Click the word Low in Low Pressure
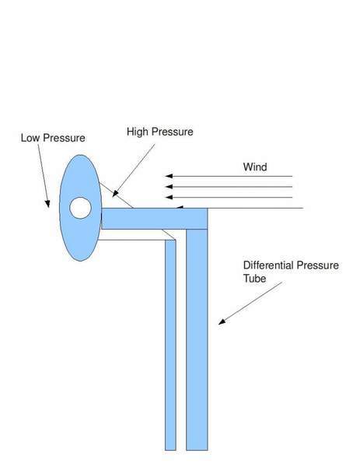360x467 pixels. (x=30, y=138)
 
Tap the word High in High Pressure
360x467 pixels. (x=138, y=132)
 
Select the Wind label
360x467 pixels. (x=255, y=167)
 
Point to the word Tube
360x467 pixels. (x=255, y=279)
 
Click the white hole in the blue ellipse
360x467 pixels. (x=80, y=208)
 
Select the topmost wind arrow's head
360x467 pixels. (x=169, y=176)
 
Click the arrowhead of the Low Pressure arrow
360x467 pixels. (x=47, y=203)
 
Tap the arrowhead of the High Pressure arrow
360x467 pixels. (x=115, y=194)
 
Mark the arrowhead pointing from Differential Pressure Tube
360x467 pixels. (x=222, y=321)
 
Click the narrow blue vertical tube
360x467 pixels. (x=170, y=345)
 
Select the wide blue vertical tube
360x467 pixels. (x=197, y=339)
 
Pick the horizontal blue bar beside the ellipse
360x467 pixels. (x=155, y=219)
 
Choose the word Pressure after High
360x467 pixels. (x=172, y=132)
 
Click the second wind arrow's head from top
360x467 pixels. (x=169, y=187)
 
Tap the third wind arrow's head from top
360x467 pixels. (x=169, y=197)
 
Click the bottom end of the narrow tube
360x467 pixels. (x=170, y=450)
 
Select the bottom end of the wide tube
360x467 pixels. (x=197, y=450)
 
